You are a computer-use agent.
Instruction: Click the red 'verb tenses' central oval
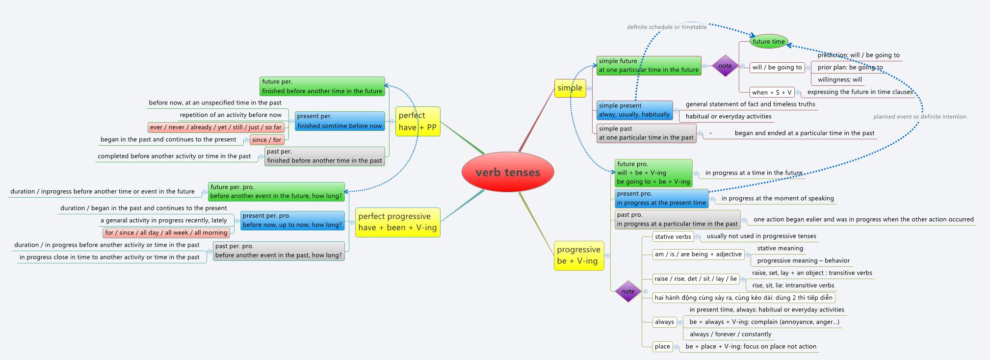(x=508, y=172)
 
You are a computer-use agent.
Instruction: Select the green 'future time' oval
(x=769, y=42)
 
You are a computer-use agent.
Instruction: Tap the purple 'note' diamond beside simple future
(x=725, y=66)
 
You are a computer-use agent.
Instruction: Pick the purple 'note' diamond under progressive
(x=628, y=291)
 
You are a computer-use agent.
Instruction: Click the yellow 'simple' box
(x=570, y=88)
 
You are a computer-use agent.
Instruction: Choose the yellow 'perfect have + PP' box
(x=417, y=121)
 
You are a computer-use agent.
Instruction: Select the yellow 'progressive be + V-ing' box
(x=578, y=255)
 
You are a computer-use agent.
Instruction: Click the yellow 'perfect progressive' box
(x=397, y=222)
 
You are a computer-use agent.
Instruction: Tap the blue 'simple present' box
(x=634, y=110)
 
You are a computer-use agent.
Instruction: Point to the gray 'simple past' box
(x=646, y=133)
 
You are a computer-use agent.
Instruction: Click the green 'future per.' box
(x=322, y=86)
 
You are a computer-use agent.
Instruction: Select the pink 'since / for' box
(x=267, y=140)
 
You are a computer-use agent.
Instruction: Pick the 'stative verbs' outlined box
(x=673, y=236)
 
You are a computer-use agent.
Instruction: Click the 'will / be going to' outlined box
(x=777, y=67)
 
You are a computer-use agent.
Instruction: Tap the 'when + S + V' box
(x=772, y=92)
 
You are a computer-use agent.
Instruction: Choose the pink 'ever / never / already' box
(x=216, y=128)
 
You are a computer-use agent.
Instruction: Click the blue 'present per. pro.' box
(x=292, y=220)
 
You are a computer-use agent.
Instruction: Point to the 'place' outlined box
(x=662, y=346)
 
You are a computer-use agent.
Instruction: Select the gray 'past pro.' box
(x=677, y=219)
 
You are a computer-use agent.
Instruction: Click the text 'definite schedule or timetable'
(x=667, y=27)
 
